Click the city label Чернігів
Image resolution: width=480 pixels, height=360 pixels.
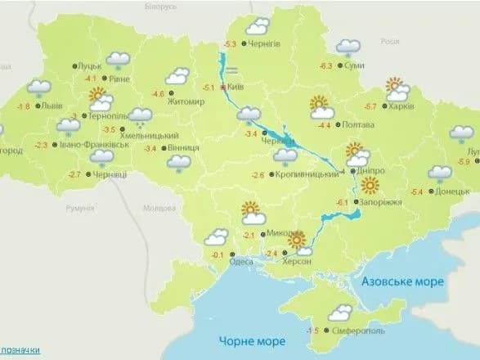(x=269, y=44)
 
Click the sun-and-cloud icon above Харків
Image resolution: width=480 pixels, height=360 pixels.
(x=397, y=88)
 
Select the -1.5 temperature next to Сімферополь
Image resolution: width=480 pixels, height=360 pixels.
(x=312, y=331)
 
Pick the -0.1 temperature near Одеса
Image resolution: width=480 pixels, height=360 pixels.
(x=218, y=256)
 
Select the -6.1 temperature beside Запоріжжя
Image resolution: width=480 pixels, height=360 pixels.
(x=342, y=203)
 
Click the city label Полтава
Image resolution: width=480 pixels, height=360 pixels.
(x=360, y=125)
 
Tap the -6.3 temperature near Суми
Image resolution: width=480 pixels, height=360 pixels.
(x=326, y=66)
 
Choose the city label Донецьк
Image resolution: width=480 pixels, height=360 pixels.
(x=454, y=191)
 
